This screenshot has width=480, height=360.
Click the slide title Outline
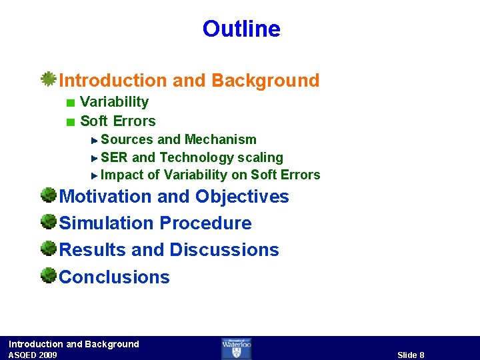coord(241,29)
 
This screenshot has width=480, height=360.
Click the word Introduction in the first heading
coord(113,81)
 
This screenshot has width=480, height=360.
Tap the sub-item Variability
coord(114,102)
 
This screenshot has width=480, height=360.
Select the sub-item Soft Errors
coord(117,121)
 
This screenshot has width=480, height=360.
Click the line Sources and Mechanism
coord(178,139)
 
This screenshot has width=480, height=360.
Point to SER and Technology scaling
coord(191,157)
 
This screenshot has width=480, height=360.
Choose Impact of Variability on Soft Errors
coord(210,175)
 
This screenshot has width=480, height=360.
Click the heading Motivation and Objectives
coord(174,197)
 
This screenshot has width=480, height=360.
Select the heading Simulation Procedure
coord(155,223)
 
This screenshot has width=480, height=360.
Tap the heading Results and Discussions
coord(169,250)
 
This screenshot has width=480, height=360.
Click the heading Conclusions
coord(115,277)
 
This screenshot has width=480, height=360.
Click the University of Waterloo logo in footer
coord(237,348)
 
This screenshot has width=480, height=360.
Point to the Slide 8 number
coord(411,355)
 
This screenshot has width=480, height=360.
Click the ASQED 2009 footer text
coord(33,355)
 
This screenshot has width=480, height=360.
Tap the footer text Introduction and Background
coord(74,344)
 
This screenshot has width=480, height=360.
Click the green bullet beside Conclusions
coord(48,275)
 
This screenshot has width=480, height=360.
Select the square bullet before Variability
coord(71,103)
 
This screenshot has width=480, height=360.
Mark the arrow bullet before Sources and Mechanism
coord(95,140)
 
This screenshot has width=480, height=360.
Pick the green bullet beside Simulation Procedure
coord(48,221)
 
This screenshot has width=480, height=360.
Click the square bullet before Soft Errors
coord(71,122)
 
